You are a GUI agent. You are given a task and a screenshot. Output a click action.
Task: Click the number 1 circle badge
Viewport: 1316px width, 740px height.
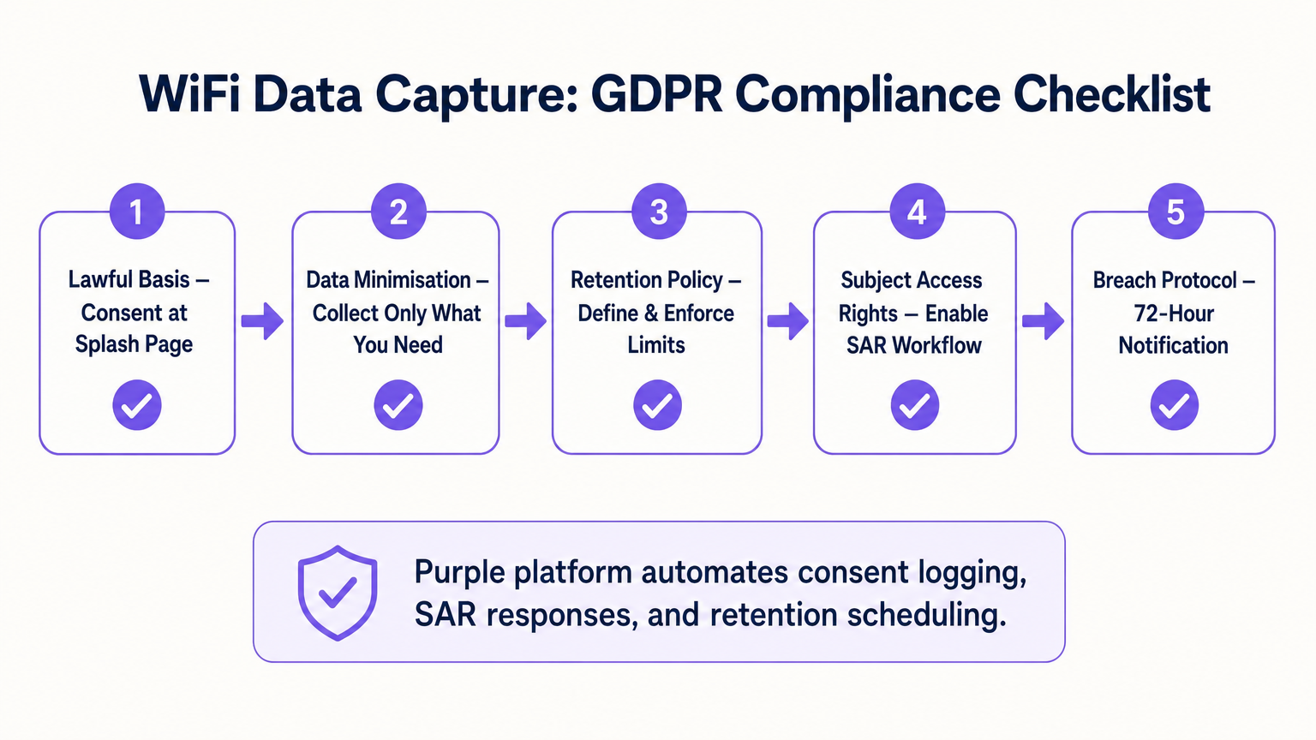pyautogui.click(x=137, y=212)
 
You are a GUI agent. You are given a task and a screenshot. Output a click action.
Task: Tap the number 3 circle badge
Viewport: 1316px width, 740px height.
pyautogui.click(x=658, y=212)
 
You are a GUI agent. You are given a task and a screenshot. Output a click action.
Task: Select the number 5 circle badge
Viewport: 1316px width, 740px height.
pyautogui.click(x=1175, y=212)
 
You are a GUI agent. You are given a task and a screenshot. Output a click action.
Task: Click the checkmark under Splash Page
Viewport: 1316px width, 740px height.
pyautogui.click(x=137, y=405)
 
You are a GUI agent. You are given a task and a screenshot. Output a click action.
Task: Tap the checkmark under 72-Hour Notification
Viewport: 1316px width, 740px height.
pyautogui.click(x=1174, y=405)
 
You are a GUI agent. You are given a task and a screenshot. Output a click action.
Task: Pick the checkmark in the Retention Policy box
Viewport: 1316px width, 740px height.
pyautogui.click(x=657, y=405)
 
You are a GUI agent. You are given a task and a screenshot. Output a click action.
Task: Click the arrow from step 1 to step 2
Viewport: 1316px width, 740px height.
pyautogui.click(x=262, y=321)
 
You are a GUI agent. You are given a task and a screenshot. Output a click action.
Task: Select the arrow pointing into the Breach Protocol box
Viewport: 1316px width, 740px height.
pyautogui.click(x=1043, y=321)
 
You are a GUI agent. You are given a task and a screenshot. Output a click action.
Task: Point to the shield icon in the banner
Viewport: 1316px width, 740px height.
pyautogui.click(x=338, y=592)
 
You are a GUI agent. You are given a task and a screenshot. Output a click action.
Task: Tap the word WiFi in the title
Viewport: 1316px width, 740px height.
pyautogui.click(x=189, y=94)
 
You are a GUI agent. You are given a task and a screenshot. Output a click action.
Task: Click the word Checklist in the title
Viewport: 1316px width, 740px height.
pyautogui.click(x=1111, y=94)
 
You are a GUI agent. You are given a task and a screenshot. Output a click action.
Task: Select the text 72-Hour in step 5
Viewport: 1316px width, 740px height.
pyautogui.click(x=1173, y=313)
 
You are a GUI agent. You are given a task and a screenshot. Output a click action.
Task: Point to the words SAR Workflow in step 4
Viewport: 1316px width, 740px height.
pyautogui.click(x=913, y=345)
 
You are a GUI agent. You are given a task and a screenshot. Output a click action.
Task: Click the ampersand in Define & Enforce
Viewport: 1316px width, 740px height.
pyautogui.click(x=650, y=313)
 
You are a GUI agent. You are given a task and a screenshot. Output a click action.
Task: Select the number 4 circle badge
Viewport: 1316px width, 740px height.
pyautogui.click(x=917, y=212)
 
